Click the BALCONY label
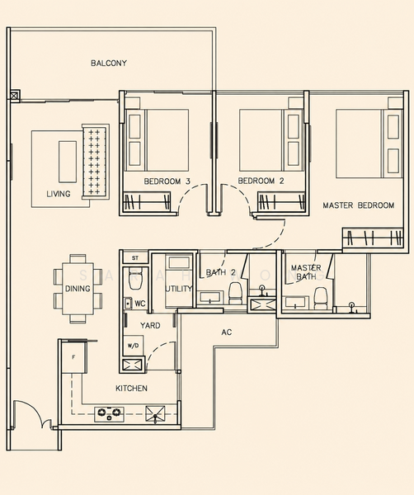[109, 64]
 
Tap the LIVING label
[59, 194]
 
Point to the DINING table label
[78, 289]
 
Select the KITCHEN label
[131, 388]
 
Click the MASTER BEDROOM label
[359, 205]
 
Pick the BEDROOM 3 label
[167, 181]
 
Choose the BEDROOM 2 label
[261, 181]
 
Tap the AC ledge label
[227, 332]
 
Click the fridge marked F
[73, 357]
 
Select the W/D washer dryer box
[133, 346]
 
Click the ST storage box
[135, 258]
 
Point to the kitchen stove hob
[109, 414]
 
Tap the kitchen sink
[155, 414]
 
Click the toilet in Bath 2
[235, 293]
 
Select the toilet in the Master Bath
[321, 298]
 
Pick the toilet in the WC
[134, 280]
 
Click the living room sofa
[96, 162]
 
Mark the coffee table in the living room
[68, 162]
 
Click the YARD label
[150, 326]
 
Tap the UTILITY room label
[179, 289]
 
